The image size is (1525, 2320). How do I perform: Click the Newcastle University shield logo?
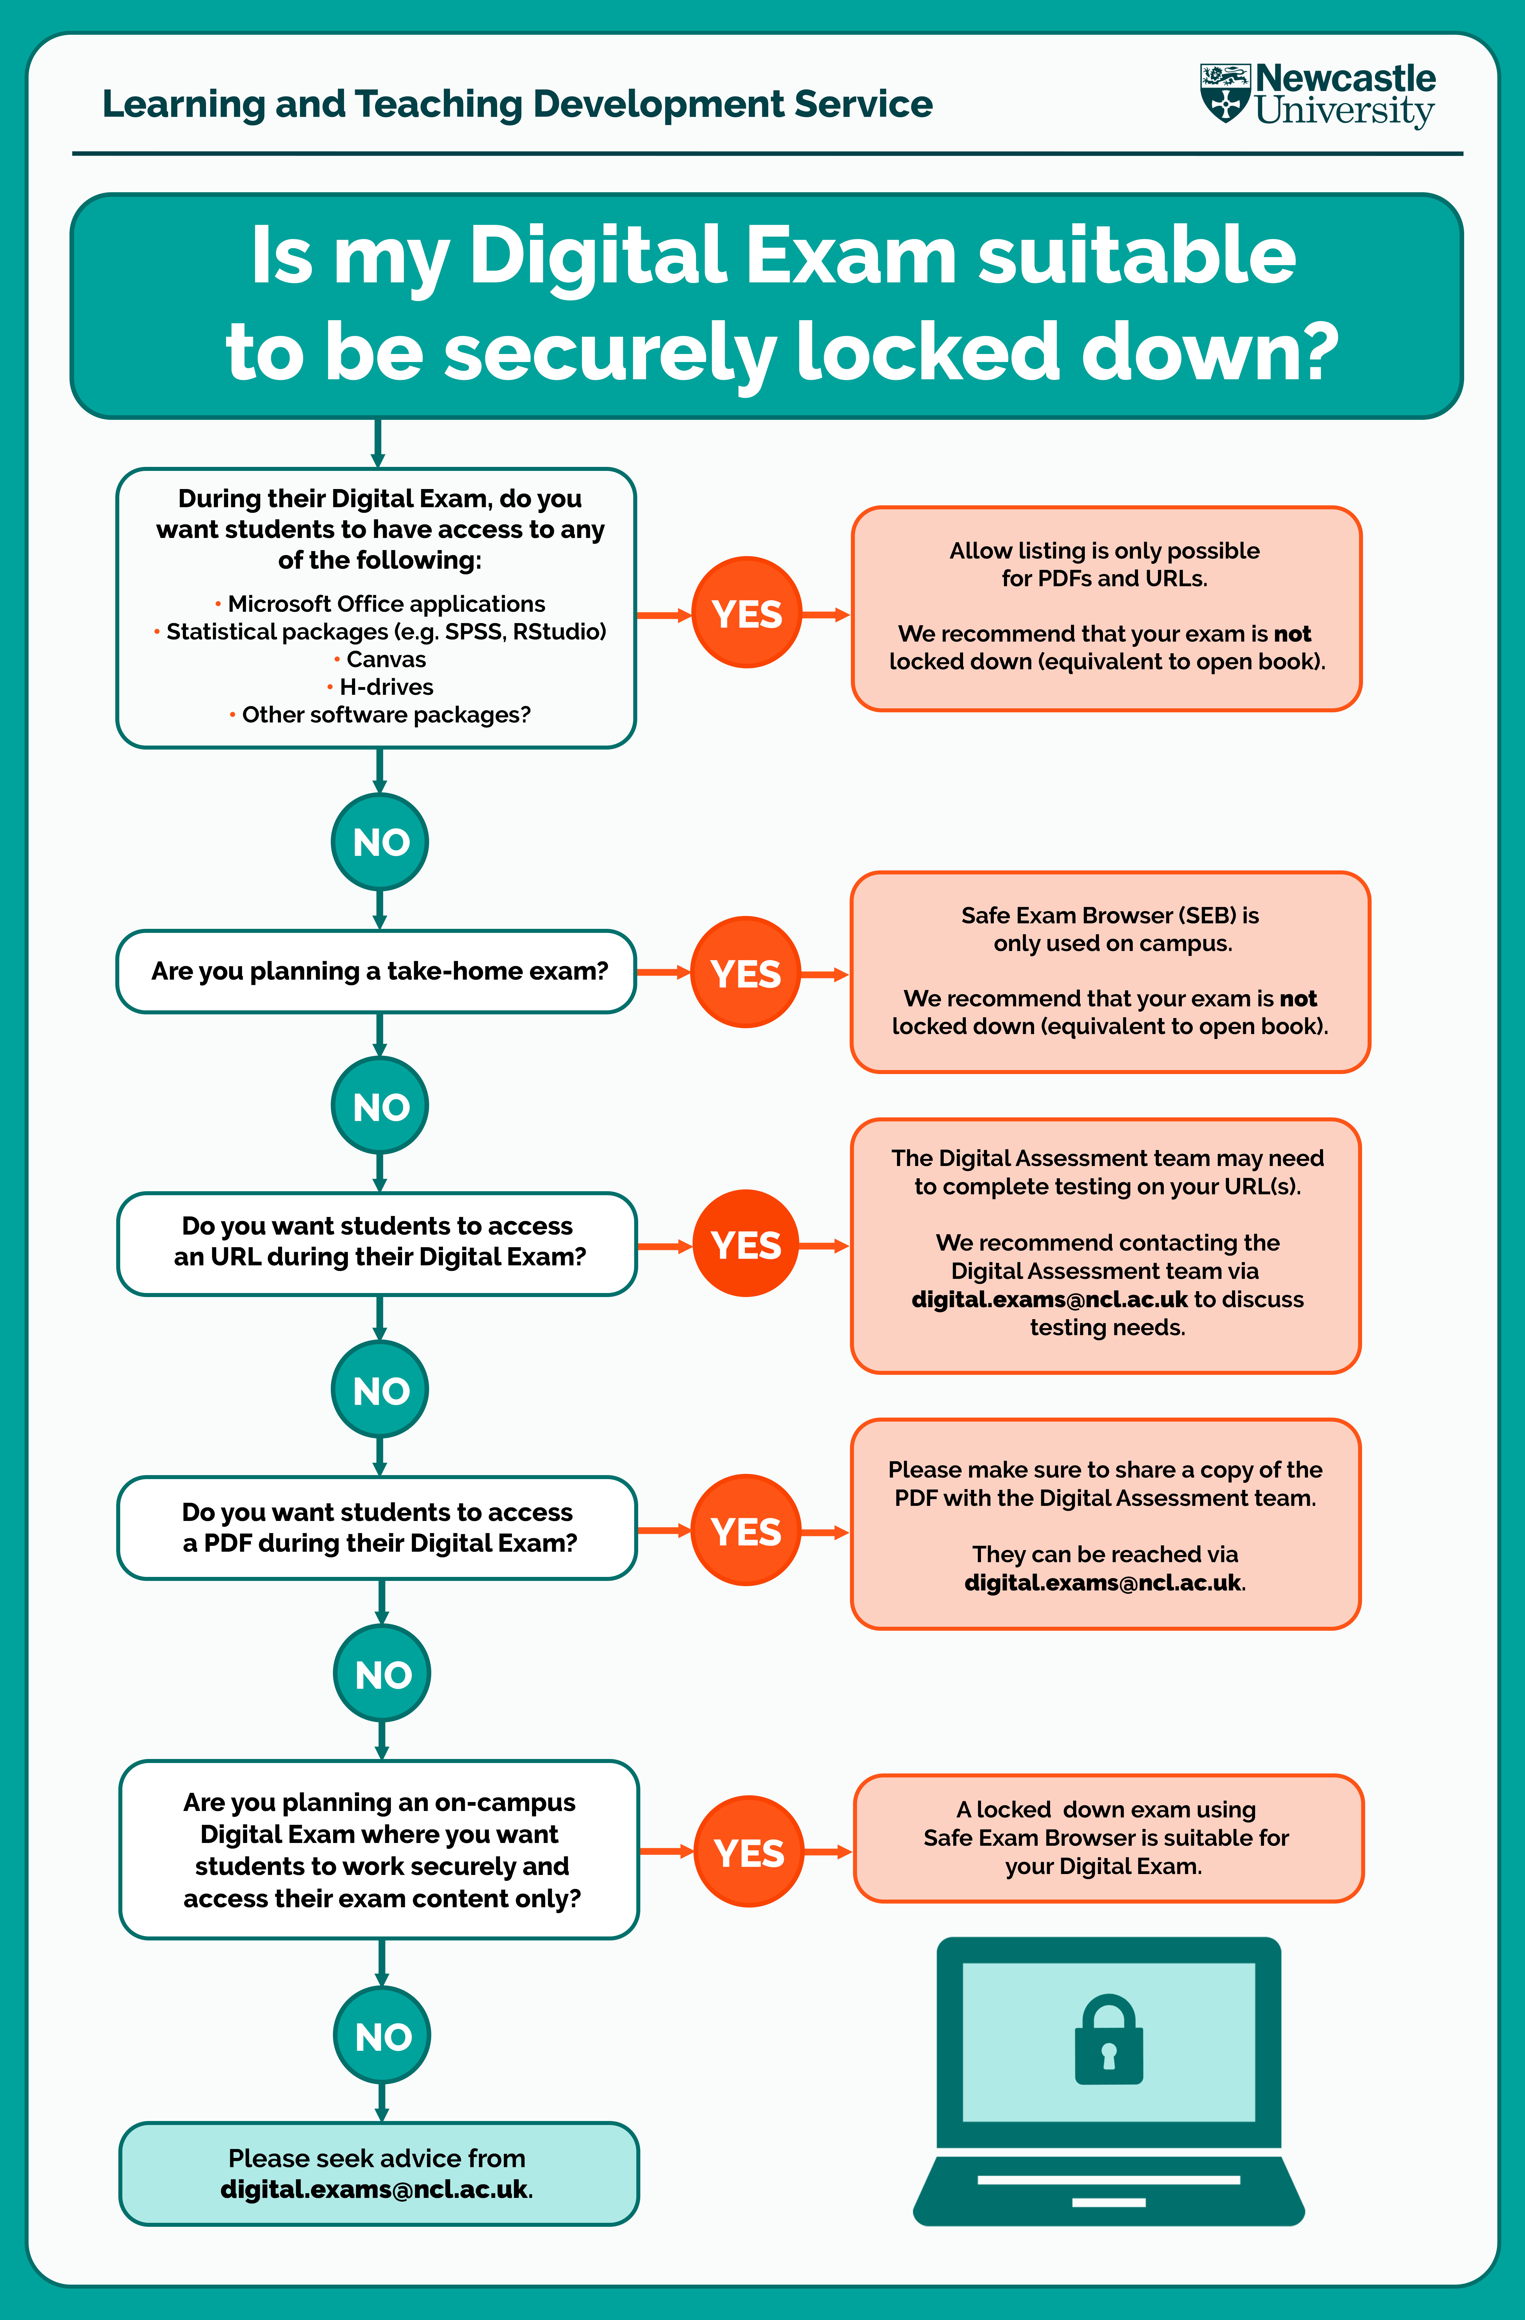coord(1225,94)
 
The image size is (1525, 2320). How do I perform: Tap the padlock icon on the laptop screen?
coord(1108,2039)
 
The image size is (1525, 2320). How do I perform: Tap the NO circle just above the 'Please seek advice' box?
coord(382,2036)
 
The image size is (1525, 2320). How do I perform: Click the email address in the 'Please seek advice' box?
coord(374,2189)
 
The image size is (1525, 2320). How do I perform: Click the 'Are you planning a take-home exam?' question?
coord(379,971)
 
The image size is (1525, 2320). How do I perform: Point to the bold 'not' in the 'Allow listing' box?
coord(1292,634)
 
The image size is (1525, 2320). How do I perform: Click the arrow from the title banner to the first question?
coord(378,444)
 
